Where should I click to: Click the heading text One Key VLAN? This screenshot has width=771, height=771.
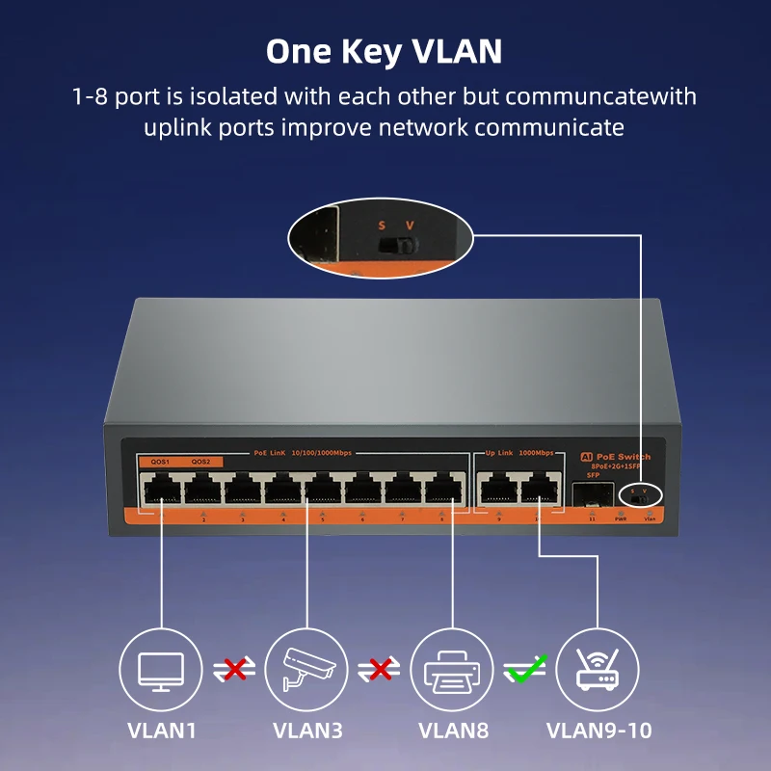384,51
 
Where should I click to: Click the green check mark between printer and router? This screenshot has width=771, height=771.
526,667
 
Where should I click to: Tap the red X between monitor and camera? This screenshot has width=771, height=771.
234,668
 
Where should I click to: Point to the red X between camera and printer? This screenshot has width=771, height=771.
381,668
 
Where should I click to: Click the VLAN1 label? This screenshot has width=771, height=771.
162,731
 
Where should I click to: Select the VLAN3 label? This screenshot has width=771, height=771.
307,731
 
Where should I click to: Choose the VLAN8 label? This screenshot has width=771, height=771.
452,731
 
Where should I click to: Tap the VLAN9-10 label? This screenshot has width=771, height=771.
598,731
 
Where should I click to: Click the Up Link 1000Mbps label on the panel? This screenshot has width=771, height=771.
518,452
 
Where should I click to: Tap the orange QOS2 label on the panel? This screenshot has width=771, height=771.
200,462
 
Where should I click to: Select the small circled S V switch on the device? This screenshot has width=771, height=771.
640,496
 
